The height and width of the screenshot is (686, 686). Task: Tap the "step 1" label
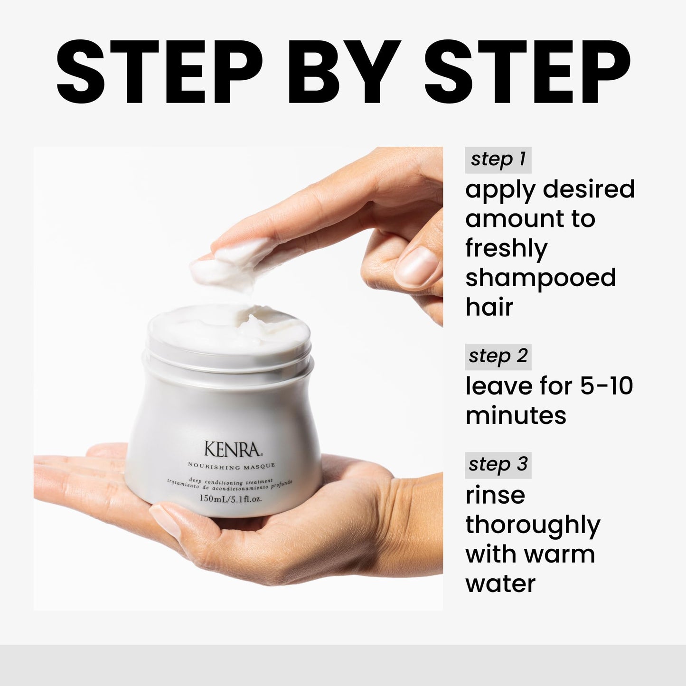pos(498,160)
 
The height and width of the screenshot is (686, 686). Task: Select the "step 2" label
pos(498,357)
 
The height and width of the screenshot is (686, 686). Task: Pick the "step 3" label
pos(498,465)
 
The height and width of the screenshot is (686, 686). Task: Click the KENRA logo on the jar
pos(233,449)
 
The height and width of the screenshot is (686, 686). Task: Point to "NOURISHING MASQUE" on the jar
pos(231,466)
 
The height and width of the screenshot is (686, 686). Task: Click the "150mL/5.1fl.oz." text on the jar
pos(231,498)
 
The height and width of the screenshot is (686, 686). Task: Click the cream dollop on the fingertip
pos(231,263)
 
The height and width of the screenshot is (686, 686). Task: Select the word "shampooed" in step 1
pos(540,278)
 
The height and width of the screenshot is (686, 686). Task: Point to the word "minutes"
pos(516,415)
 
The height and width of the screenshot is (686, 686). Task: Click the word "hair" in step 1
pos(489,306)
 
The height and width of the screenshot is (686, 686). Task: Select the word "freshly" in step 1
pos(506,248)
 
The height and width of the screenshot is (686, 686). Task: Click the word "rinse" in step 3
pos(495,495)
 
